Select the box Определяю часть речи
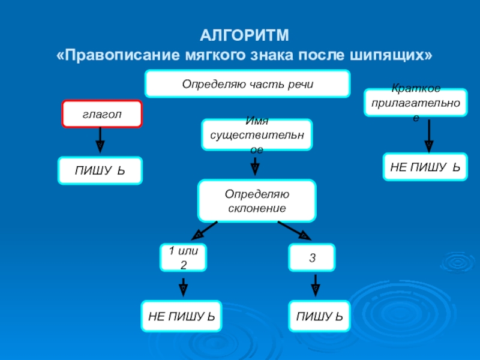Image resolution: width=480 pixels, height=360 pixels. pos(248,83)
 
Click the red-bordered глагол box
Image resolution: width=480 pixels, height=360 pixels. pos(101,114)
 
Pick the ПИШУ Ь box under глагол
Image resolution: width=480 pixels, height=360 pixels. pos(100,170)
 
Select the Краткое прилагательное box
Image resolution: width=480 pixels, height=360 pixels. pos(416,102)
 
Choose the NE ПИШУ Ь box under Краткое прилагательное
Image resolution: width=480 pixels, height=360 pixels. pos(425,167)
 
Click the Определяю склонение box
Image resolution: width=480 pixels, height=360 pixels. pos(256,201)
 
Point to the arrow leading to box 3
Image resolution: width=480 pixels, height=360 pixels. pos(294,230)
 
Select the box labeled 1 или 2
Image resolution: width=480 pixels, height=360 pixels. pos(183,257)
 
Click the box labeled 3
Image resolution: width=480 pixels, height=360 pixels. pos(312,257)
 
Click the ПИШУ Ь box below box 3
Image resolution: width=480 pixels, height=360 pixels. pos(319,316)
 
